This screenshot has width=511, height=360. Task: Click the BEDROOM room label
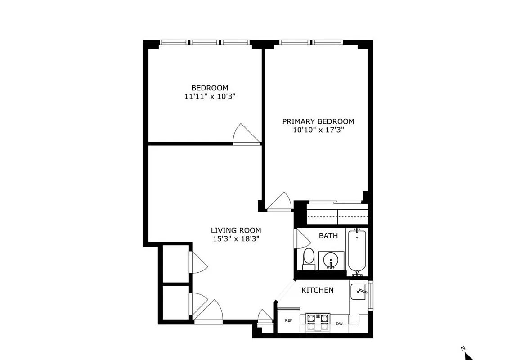(210, 88)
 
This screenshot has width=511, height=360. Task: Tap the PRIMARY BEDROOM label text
(318, 121)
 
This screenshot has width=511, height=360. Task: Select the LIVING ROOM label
(237, 230)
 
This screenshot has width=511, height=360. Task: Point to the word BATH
(328, 236)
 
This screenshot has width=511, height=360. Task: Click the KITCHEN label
(317, 290)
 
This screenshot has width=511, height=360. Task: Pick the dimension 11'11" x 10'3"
(210, 96)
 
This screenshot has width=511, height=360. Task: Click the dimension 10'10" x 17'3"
(318, 130)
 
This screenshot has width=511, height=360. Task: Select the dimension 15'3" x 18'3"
(237, 239)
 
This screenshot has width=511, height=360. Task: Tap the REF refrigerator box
(288, 320)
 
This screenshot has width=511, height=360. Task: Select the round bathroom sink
(332, 260)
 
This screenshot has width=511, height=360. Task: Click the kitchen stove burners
(318, 319)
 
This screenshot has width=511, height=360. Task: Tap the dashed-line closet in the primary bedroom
(337, 214)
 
